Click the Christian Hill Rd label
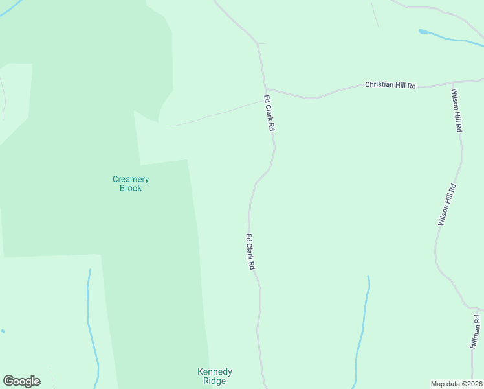[390, 85]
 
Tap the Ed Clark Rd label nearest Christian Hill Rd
[269, 114]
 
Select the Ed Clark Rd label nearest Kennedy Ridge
[250, 252]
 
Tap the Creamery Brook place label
[131, 183]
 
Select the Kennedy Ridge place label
[214, 376]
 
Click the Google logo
[21, 381]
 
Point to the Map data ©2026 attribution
[457, 384]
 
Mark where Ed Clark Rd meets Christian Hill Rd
[265, 89]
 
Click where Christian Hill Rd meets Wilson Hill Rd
[451, 83]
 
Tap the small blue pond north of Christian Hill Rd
[423, 31]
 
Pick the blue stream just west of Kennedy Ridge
[90, 324]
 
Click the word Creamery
[131, 179]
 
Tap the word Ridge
[214, 381]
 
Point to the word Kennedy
[214, 371]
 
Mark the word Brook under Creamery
[131, 188]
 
